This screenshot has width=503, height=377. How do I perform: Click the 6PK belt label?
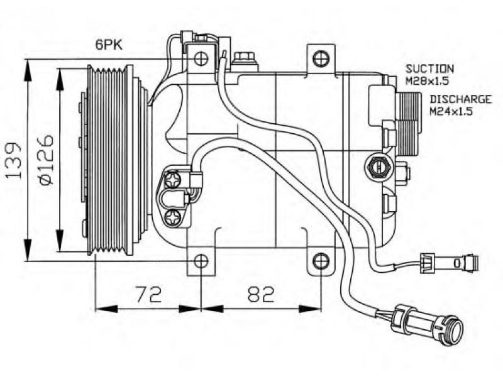(x=109, y=45)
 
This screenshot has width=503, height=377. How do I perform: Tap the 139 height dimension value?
(x=14, y=160)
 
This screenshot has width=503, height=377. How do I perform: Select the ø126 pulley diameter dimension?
(x=45, y=160)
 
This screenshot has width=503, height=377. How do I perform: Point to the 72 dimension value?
(x=148, y=294)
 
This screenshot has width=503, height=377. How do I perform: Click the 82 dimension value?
(x=262, y=294)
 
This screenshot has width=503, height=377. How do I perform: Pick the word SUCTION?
(x=429, y=68)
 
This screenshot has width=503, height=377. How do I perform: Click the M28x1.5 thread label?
(x=427, y=81)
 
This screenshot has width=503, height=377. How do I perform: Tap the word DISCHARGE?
(x=461, y=99)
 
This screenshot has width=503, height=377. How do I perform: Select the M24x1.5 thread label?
(x=451, y=111)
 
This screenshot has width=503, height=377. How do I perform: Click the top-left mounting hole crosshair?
(x=201, y=58)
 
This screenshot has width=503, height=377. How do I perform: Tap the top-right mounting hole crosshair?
(x=321, y=58)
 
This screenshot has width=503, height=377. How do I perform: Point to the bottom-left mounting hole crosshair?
(x=201, y=261)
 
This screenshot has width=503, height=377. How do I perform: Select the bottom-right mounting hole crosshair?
(x=321, y=261)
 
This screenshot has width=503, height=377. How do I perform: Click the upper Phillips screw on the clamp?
(x=174, y=180)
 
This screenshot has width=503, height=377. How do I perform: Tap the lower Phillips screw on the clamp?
(x=174, y=219)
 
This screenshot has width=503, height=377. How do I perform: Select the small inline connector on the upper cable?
(x=449, y=263)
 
